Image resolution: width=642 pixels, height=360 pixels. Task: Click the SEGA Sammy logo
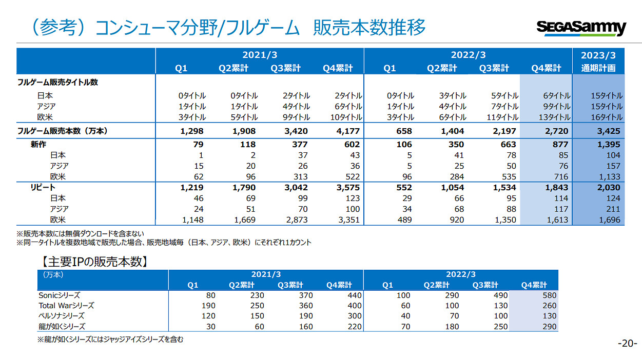pyautogui.click(x=581, y=28)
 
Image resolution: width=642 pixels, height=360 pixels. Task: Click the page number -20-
pyautogui.click(x=627, y=344)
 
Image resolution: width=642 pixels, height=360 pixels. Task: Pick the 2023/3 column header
pyautogui.click(x=598, y=55)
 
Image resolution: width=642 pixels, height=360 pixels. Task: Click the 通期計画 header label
pyautogui.click(x=598, y=68)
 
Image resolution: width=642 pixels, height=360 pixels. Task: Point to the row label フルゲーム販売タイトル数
pyautogui.click(x=58, y=83)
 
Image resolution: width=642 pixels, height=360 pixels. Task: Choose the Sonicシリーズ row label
pyautogui.click(x=59, y=295)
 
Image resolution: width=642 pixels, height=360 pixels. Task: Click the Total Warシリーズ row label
pyautogui.click(x=66, y=306)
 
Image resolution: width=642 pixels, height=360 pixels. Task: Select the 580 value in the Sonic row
pyautogui.click(x=549, y=295)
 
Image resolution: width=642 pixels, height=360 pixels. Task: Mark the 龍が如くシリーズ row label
pyautogui.click(x=62, y=327)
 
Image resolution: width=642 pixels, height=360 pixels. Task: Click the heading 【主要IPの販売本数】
pyautogui.click(x=94, y=263)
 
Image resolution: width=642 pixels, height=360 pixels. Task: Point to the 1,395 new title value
pyautogui.click(x=609, y=145)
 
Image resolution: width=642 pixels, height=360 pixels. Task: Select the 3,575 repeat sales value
pyautogui.click(x=348, y=188)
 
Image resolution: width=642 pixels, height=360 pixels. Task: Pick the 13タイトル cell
pyautogui.click(x=553, y=117)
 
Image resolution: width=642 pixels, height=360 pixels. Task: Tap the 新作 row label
pyautogui.click(x=39, y=145)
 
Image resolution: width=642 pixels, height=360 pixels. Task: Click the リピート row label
pyautogui.click(x=43, y=188)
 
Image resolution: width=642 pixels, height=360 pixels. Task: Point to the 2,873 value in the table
pyautogui.click(x=295, y=220)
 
